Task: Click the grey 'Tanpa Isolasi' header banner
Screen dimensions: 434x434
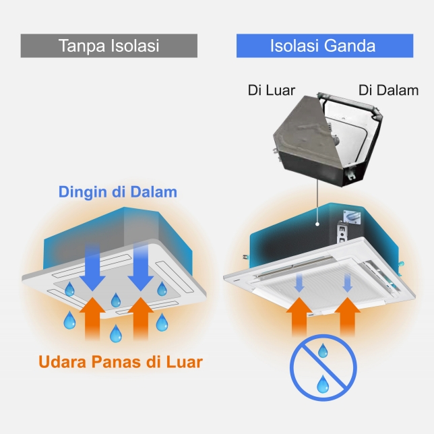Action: pyautogui.click(x=109, y=46)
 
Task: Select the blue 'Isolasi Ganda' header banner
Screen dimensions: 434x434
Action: pyautogui.click(x=325, y=46)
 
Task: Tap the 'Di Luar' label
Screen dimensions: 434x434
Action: pyautogui.click(x=272, y=90)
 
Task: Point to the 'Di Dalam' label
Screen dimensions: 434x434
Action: pyautogui.click(x=388, y=90)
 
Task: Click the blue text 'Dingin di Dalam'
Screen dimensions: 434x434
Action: pyautogui.click(x=118, y=192)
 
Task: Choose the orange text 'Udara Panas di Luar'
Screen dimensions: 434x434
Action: pyautogui.click(x=121, y=361)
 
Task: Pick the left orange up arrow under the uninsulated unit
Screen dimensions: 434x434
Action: pyautogui.click(x=92, y=318)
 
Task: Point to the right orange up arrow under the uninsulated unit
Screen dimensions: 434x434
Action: pyautogui.click(x=141, y=318)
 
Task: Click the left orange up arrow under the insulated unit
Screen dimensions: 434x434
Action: pyautogui.click(x=299, y=316)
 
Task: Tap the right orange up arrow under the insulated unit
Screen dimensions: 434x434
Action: pyautogui.click(x=347, y=316)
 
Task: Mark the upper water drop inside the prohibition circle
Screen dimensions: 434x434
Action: pyautogui.click(x=322, y=350)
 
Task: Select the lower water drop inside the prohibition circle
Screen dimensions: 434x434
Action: pyautogui.click(x=323, y=384)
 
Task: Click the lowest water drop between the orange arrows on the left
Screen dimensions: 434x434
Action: pyautogui.click(x=116, y=334)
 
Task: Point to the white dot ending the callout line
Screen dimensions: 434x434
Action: pyautogui.click(x=317, y=224)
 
